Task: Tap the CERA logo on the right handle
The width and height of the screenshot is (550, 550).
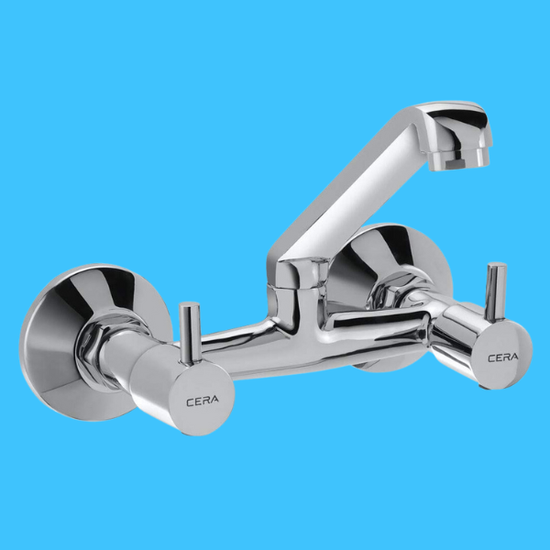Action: [502, 356]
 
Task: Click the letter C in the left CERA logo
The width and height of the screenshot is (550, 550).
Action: [190, 401]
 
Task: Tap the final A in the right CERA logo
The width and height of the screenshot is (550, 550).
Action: [515, 356]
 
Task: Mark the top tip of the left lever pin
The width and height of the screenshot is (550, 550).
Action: [190, 307]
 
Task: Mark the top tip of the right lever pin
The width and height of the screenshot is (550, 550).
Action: [496, 268]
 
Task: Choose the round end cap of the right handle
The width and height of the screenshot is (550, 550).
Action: [502, 353]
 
